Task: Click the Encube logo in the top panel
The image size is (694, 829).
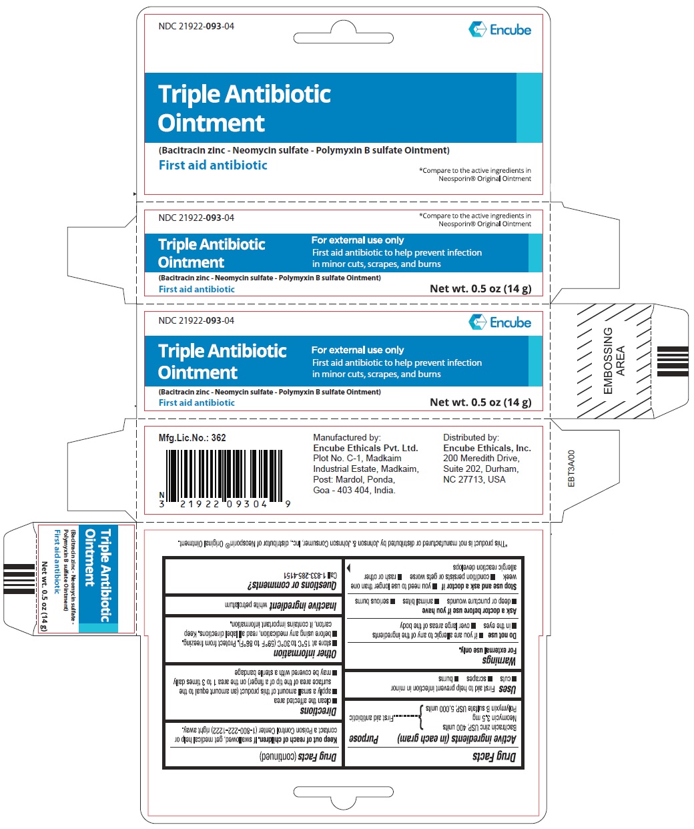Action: click(500, 29)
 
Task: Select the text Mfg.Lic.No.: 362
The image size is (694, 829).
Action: click(192, 438)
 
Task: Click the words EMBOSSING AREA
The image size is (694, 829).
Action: click(614, 360)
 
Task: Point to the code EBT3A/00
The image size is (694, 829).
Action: click(571, 469)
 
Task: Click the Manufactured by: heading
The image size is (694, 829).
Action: click(347, 438)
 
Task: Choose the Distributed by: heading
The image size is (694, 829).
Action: click(471, 438)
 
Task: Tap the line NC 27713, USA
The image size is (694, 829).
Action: click(474, 479)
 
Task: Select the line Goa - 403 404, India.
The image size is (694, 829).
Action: click(354, 490)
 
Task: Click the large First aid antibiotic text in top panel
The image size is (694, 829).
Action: click(213, 165)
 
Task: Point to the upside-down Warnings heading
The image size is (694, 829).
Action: click(498, 661)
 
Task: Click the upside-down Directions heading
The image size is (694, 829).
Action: click(318, 711)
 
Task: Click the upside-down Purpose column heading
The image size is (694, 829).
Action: click(364, 739)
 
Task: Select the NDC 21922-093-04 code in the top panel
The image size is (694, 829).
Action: click(196, 27)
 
